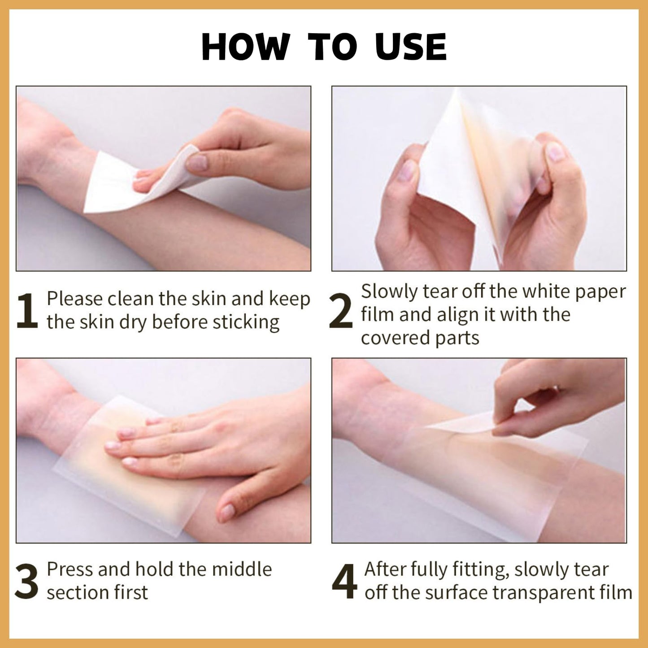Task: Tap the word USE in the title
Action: click(x=411, y=47)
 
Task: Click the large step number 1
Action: click(x=27, y=311)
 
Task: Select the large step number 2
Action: click(x=341, y=311)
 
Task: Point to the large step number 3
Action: click(x=27, y=582)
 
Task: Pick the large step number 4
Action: click(x=344, y=582)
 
